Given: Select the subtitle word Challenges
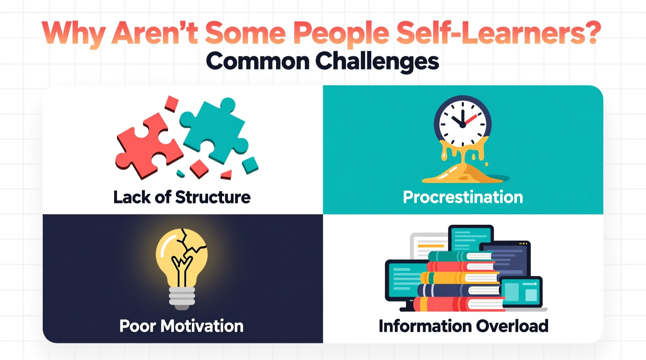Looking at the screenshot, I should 377,61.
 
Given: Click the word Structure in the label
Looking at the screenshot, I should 213,197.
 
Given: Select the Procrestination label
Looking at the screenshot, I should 463,197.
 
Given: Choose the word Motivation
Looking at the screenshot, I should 202,326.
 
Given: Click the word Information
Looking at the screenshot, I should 425,326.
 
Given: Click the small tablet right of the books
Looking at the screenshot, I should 521,292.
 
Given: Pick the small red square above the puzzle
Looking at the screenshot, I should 171,104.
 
